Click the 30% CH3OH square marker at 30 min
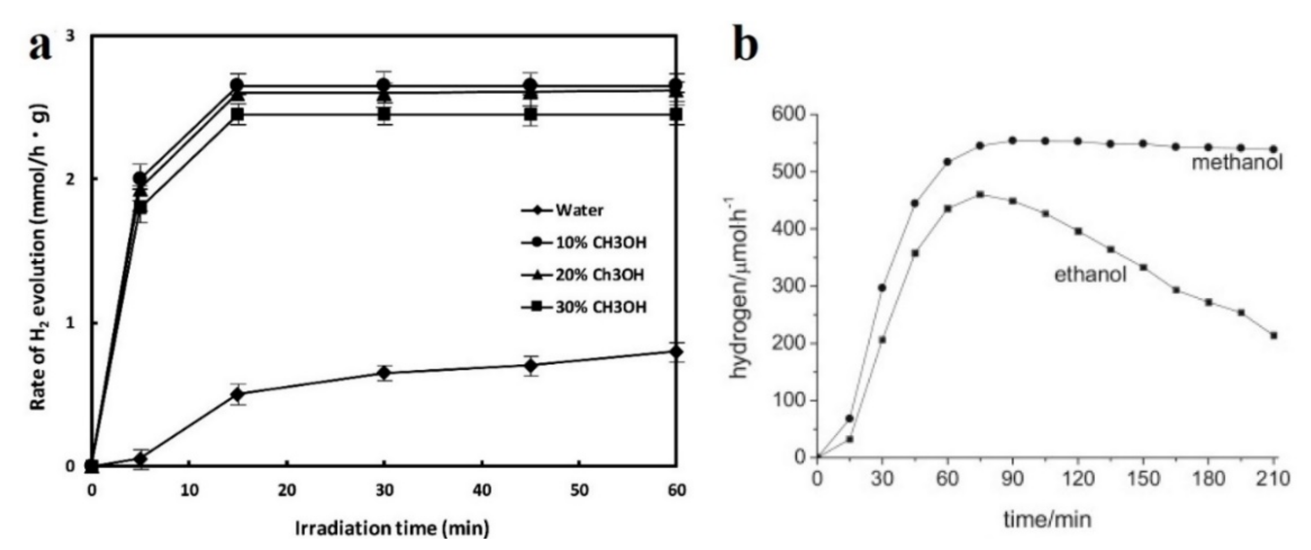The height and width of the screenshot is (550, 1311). coord(384,114)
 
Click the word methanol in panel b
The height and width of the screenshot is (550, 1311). coord(1237,163)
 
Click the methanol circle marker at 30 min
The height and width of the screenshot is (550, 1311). coord(882,288)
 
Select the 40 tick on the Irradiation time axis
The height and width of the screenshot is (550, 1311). coord(482,490)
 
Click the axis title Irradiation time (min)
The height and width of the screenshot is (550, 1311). coord(392,528)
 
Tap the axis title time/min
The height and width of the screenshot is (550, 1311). coord(1047,520)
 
